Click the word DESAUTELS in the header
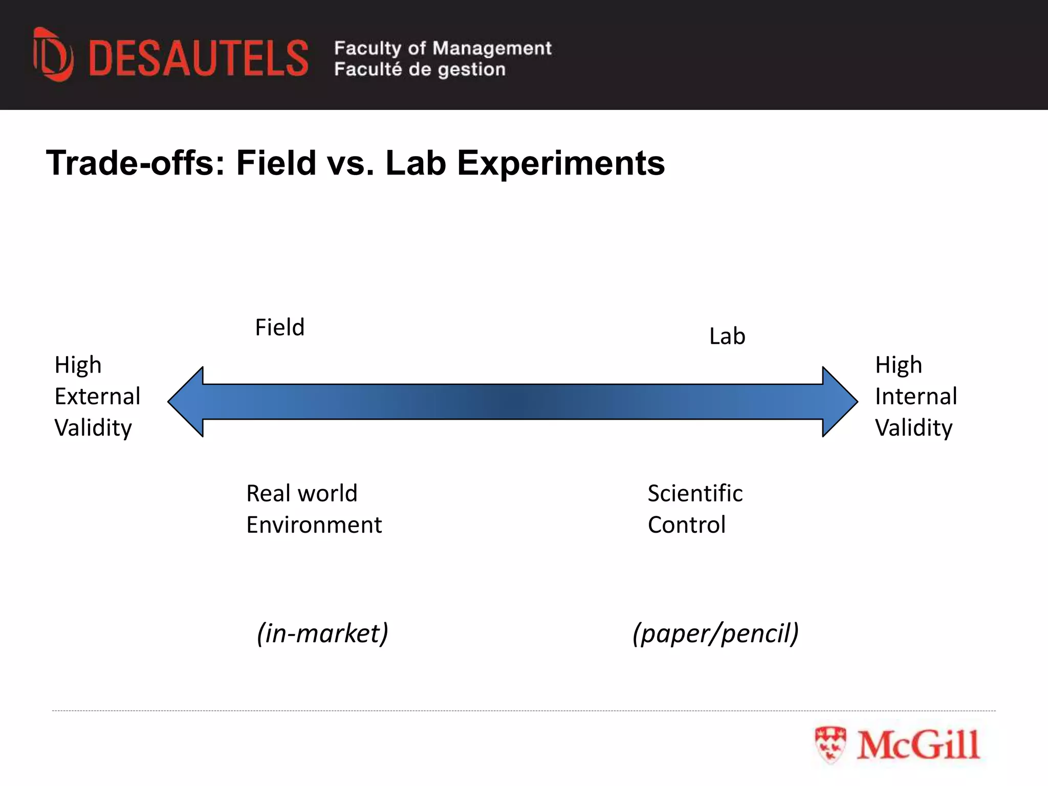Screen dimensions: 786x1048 pos(199,58)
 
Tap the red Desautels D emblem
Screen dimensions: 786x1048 pos(53,55)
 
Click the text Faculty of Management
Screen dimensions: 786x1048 pos(443,48)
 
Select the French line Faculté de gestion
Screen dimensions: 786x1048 pos(420,69)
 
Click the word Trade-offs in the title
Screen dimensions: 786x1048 pos(136,163)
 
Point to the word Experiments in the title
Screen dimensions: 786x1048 pos(560,163)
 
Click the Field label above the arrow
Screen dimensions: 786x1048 pos(279,327)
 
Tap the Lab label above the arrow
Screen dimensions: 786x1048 pos(727,336)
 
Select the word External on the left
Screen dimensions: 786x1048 pos(97,396)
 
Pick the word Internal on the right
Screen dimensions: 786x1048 pos(915,396)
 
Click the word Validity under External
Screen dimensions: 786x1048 pos(93,428)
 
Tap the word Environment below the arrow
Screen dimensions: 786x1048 pos(314,525)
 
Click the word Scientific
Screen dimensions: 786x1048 pos(695,493)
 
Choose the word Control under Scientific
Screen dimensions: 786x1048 pos(686,525)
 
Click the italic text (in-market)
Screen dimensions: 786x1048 pos(322,633)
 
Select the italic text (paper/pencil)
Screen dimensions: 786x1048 pos(715,633)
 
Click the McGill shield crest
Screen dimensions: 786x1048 pos(830,745)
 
